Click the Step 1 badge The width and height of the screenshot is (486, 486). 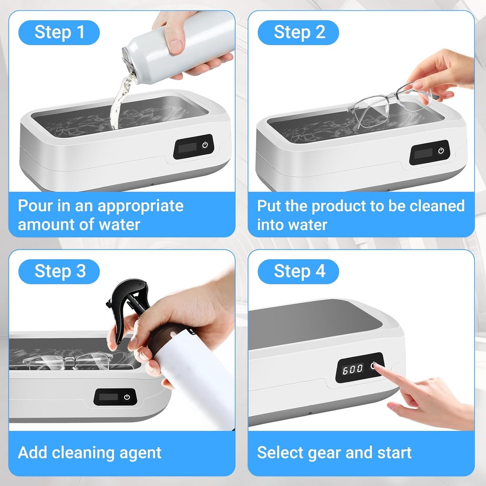tap(59, 32)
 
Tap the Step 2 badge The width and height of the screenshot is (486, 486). tap(298, 32)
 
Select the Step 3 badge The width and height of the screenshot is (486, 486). tap(59, 272)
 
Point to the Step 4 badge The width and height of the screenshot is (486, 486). tap(298, 272)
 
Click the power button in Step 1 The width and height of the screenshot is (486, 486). tap(205, 145)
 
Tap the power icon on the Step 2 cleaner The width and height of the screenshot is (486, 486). tap(441, 151)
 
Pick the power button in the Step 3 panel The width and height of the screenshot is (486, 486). tap(127, 397)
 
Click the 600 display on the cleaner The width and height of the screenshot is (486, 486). tap(353, 369)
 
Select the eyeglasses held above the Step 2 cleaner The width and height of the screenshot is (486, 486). tap(392, 104)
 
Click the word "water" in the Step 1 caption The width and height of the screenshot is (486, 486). tap(119, 224)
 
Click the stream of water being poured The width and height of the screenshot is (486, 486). tap(122, 99)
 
